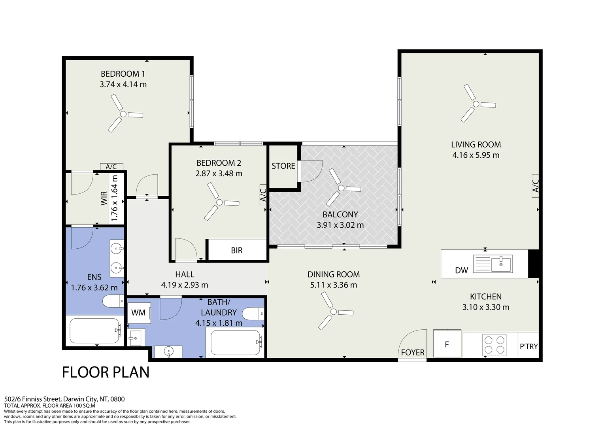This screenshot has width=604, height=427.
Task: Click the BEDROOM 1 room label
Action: (x=123, y=74)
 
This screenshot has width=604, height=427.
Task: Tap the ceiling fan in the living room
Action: (x=476, y=104)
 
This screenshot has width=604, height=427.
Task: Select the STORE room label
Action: (x=283, y=166)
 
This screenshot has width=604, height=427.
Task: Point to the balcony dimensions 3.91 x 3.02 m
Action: (x=340, y=225)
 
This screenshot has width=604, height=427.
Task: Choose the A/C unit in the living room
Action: (x=535, y=186)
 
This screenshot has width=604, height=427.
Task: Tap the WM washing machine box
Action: (x=139, y=313)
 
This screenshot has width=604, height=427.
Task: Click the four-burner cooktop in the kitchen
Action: (x=494, y=345)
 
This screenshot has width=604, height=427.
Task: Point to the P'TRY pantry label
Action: (x=528, y=346)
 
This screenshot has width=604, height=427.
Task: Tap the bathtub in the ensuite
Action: (x=94, y=331)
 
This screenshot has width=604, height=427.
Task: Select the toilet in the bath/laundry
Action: (x=253, y=314)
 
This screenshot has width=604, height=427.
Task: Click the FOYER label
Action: (x=413, y=353)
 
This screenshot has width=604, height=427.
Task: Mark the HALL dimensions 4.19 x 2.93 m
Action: (x=185, y=285)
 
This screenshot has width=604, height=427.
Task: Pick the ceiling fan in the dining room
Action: (x=334, y=312)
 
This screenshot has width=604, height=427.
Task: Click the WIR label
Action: (x=104, y=198)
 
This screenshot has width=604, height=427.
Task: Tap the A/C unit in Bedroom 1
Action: (x=111, y=166)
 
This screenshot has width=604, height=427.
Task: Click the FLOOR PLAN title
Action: (x=106, y=372)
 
